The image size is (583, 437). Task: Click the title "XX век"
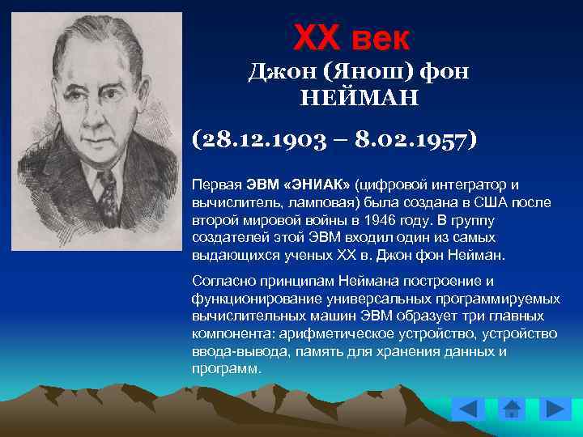352,37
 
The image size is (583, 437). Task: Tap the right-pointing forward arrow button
555,409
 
